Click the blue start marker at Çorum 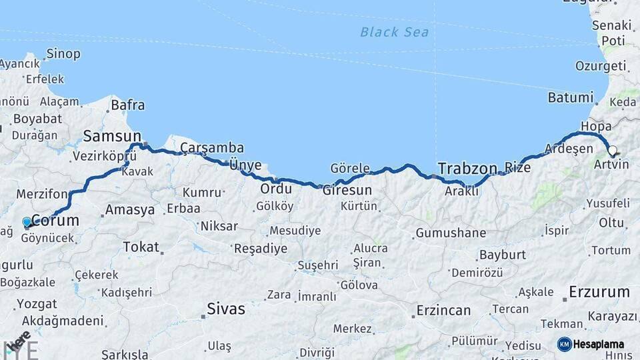tap(27, 222)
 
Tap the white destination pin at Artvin tap(611, 151)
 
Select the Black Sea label tap(394, 31)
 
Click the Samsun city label tap(112, 137)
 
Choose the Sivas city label tap(225, 309)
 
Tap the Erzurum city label tap(599, 292)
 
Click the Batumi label tap(570, 97)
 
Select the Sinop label tap(63, 53)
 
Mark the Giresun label tap(347, 190)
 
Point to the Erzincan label tap(443, 311)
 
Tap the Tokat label tap(141, 247)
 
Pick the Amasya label tap(130, 210)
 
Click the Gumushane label tap(450, 233)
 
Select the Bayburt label tap(502, 255)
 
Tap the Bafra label tap(127, 105)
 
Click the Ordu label tap(276, 189)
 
